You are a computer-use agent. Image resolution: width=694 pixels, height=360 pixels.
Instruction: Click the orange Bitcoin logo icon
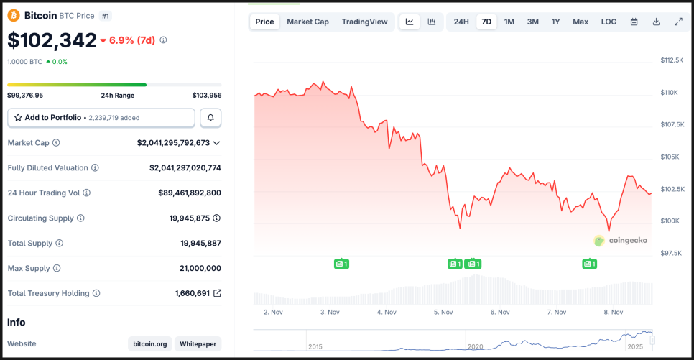[13, 15]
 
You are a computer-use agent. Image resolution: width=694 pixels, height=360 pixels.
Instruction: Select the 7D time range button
[486, 22]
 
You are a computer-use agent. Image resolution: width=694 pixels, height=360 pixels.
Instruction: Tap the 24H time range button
[461, 22]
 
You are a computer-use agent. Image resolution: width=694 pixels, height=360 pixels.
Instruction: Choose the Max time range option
[580, 22]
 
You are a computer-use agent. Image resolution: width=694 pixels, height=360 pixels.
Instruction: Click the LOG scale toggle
[609, 22]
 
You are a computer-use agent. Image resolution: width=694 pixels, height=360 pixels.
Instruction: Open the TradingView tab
[364, 22]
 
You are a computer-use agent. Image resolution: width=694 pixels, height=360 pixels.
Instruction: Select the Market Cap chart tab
[307, 22]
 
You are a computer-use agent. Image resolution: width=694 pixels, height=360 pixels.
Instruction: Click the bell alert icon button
[210, 117]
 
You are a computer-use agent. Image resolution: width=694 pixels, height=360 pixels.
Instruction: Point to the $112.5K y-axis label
[672, 60]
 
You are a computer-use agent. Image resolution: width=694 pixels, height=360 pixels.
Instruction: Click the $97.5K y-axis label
[672, 253]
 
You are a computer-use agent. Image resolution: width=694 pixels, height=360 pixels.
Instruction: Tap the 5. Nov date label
[443, 312]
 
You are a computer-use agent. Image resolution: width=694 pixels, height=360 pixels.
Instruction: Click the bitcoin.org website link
[152, 344]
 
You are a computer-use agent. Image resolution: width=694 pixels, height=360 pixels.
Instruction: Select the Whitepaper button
[198, 344]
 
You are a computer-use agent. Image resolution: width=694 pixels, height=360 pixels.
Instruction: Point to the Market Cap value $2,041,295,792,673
[173, 143]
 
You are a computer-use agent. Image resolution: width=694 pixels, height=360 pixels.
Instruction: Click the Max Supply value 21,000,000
[200, 268]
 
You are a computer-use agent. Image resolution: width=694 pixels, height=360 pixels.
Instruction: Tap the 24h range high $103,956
[206, 95]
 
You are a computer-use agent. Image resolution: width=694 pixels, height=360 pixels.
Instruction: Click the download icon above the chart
[656, 22]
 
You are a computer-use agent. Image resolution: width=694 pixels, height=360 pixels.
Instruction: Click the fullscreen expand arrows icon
[678, 22]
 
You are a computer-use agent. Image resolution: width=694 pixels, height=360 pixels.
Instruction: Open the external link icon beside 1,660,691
[217, 293]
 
